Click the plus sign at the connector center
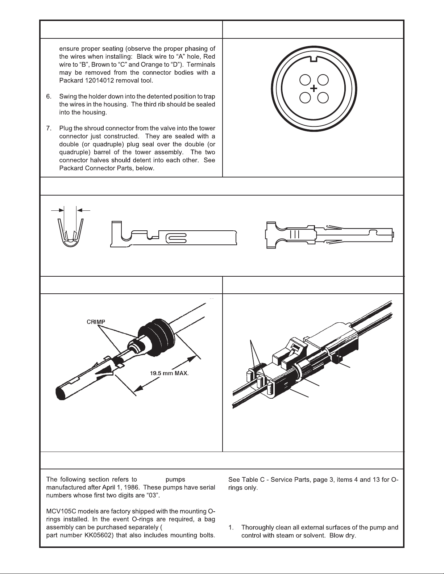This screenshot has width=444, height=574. pos(314,88)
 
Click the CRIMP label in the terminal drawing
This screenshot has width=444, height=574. pos(96,322)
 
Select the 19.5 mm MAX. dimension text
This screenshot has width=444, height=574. pos(169,373)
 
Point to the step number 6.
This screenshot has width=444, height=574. pos(49,96)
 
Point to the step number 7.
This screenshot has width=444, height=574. pos(49,128)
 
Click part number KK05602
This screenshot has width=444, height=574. pos(100,536)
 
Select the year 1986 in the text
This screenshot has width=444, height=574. pos(133,487)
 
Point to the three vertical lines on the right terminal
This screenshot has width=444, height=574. pos(295,234)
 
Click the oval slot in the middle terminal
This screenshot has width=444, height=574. pos(176,238)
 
